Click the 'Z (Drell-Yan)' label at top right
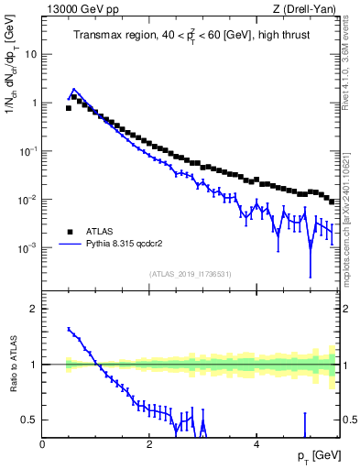pyautogui.click(x=308, y=8)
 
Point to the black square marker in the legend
pyautogui.click(x=69, y=232)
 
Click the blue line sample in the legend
pyautogui.click(x=69, y=245)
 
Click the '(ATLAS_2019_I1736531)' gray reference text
pyautogui.click(x=190, y=274)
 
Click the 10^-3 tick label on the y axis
pyautogui.click(x=28, y=248)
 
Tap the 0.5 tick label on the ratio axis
pyautogui.click(x=29, y=420)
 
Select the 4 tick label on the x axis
pyautogui.click(x=256, y=444)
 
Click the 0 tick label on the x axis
pyautogui.click(x=43, y=444)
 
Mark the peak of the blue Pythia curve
pyautogui.click(x=73, y=90)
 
